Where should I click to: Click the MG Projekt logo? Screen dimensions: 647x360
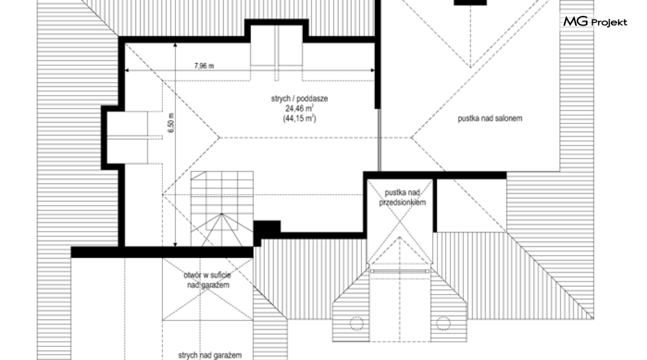pos(595,21)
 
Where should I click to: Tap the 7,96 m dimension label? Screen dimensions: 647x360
pos(204,65)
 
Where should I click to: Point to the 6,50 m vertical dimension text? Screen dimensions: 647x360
pos(171,123)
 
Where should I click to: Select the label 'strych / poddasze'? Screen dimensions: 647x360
pos(299,99)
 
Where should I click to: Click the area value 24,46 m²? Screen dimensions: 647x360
pos(299,109)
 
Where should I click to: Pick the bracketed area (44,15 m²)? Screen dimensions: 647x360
pos(299,118)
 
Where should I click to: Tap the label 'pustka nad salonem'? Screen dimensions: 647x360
pos(490,118)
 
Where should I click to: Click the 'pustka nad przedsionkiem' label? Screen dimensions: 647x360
pos(402,198)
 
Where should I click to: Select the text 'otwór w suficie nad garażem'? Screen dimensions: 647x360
pos(207,280)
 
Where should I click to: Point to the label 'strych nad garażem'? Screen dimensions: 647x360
pos(210,355)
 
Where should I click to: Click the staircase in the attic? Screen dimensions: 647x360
pos(222,209)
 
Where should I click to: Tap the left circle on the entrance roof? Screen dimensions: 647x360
pos(356,323)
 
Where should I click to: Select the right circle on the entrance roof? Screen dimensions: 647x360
pos(443,323)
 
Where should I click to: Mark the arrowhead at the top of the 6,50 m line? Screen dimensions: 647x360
pos(175,45)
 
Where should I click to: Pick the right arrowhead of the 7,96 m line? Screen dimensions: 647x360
pos(372,71)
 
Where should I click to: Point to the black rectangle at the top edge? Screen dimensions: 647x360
pos(471,2)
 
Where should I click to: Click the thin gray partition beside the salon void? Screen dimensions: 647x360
pos(379,140)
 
